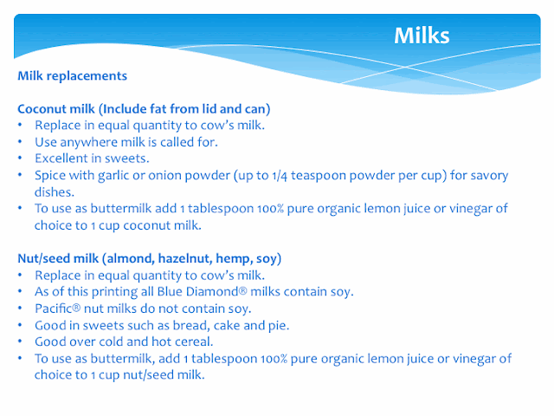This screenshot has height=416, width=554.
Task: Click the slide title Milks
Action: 422,36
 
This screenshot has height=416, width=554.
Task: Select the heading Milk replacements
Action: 73,76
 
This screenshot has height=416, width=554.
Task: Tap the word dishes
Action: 55,192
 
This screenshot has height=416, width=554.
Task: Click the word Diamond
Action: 216,291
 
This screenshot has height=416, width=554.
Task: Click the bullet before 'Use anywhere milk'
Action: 20,141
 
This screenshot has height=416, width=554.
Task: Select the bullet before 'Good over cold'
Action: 20,341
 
